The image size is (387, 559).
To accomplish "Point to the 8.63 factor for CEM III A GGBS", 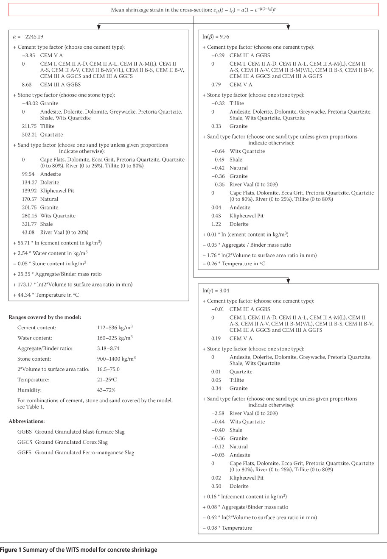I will coord(28,84).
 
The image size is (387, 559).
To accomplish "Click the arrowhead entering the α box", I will coord(98,28).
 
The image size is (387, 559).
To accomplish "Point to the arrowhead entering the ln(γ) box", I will coord(288,281).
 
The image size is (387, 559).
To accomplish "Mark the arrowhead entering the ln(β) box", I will coord(288,28).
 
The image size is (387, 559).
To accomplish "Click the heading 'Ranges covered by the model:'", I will coord(45,317).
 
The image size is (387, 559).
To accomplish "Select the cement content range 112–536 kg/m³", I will coord(115,328).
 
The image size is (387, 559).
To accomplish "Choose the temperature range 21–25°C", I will coord(107,380).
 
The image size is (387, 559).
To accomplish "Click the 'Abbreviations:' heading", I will coord(26,421).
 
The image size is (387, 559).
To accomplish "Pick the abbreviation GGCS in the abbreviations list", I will coord(25,442).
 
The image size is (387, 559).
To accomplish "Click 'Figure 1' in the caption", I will coord(10,550).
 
